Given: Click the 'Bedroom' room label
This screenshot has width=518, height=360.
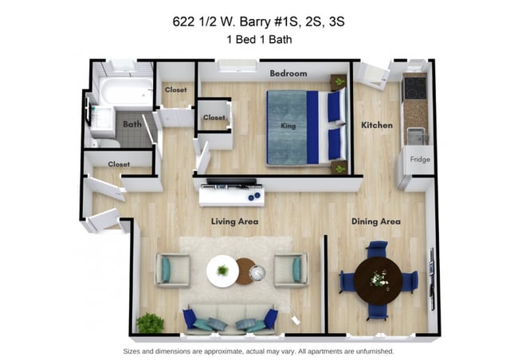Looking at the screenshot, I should pyautogui.click(x=288, y=73).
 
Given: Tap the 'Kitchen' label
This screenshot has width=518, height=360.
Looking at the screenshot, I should pyautogui.click(x=377, y=125).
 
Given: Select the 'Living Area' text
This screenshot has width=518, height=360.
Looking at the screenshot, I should pyautogui.click(x=234, y=221).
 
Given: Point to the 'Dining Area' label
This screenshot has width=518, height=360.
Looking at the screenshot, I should pyautogui.click(x=376, y=221).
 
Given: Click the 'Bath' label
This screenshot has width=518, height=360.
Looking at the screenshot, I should pyautogui.click(x=131, y=124).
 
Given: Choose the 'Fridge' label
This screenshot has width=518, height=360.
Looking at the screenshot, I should pyautogui.click(x=420, y=159).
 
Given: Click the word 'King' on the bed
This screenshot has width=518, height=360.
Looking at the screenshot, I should pyautogui.click(x=288, y=126).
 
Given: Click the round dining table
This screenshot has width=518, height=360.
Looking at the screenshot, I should pyautogui.click(x=378, y=279).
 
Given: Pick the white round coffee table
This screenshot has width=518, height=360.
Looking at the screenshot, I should pyautogui.click(x=222, y=271).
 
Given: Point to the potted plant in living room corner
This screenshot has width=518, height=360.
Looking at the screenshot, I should pyautogui.click(x=149, y=323).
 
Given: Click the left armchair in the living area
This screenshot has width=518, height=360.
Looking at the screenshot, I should pyautogui.click(x=171, y=270).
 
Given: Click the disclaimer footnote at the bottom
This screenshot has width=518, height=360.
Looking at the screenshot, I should pyautogui.click(x=258, y=350).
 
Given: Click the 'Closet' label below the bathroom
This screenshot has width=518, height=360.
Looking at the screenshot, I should pyautogui.click(x=119, y=164).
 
